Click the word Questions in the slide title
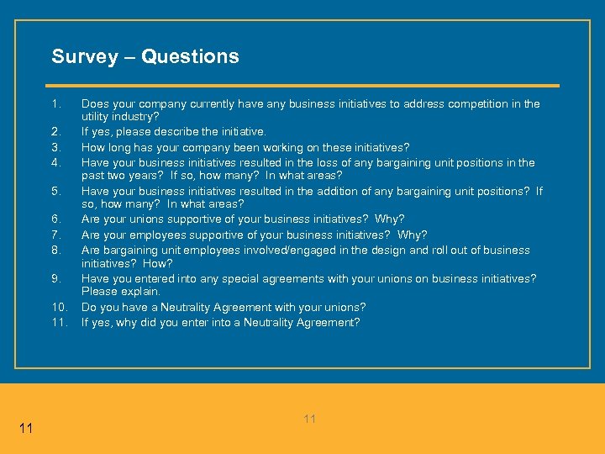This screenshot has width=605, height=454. pos(190,57)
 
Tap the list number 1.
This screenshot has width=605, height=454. pos(55,104)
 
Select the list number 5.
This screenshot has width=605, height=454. pos(55,192)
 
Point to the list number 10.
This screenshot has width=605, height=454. pos(58,308)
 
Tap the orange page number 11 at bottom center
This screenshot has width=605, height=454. pos(309,419)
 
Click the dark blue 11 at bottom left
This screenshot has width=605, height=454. pos(25,429)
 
